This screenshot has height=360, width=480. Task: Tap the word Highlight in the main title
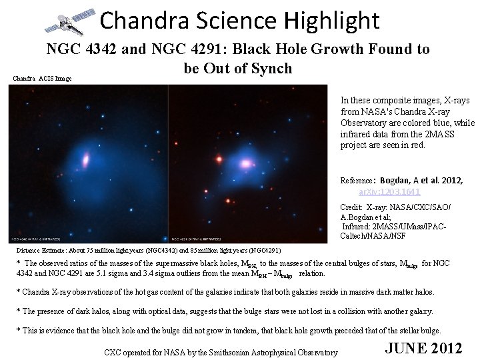[330, 21]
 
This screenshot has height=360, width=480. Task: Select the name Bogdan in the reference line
[397, 181]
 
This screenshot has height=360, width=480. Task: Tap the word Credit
[351, 207]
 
